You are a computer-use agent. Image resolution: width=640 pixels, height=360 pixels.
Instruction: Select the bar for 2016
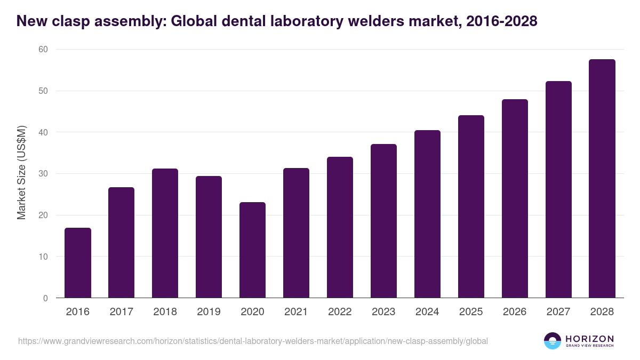coord(78,263)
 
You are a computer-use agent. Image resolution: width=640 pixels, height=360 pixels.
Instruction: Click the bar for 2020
coord(253,250)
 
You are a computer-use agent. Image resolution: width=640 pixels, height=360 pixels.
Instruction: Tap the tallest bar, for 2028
coord(602,179)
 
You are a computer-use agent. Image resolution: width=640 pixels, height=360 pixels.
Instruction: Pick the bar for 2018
coord(165,233)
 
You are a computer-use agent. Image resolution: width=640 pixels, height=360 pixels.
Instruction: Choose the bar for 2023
coord(384,221)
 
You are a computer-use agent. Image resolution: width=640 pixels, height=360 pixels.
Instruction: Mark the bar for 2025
coord(471,206)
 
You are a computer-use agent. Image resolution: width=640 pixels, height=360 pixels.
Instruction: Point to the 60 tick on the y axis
coord(43,50)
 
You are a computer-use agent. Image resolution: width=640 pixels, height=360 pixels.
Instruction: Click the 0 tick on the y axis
coord(45,298)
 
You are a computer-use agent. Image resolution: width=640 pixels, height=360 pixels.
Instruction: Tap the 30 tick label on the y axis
coord(43,174)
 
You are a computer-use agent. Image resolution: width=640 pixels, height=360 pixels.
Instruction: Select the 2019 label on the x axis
coord(209,312)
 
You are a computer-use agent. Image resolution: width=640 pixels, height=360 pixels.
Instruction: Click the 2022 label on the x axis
coord(340,312)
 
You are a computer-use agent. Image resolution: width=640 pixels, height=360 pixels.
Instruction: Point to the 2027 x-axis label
coord(558,312)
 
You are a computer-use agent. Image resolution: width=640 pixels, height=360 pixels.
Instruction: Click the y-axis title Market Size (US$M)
coord(21,174)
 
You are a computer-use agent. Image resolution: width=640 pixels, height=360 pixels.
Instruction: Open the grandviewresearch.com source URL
coord(253,341)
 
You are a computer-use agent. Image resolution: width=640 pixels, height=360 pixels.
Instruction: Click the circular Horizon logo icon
coord(553,341)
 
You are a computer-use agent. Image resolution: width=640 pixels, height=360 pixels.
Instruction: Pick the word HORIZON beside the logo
coord(589,339)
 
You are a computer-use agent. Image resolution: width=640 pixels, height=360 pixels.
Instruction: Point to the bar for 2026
coord(515,198)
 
